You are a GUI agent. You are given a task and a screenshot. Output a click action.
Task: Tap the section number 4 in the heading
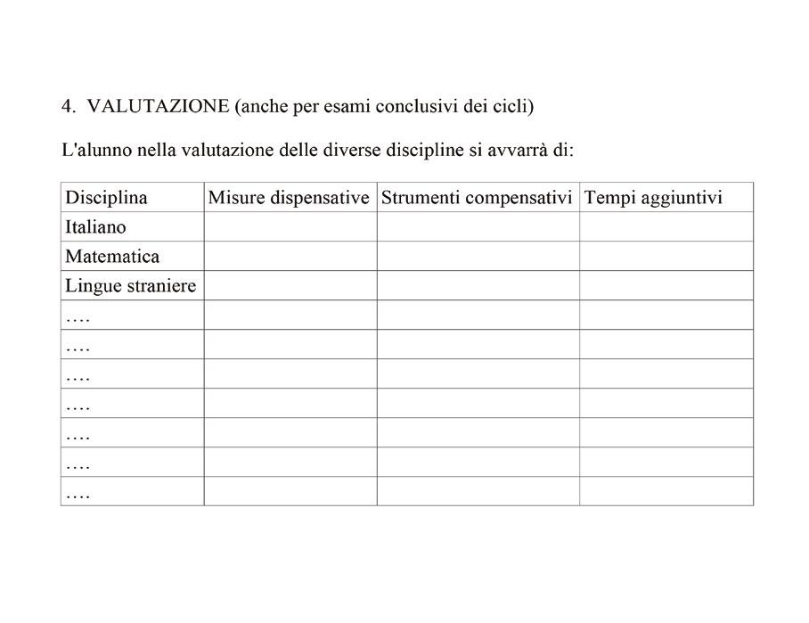(x=66, y=106)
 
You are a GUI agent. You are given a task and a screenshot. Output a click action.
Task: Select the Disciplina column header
(x=106, y=197)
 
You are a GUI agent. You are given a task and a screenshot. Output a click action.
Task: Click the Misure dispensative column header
(x=289, y=197)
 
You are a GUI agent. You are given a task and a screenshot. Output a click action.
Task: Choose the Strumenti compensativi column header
(x=477, y=197)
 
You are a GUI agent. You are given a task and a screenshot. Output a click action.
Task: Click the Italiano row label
(x=96, y=227)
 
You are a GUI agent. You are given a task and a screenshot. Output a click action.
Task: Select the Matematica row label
(x=112, y=257)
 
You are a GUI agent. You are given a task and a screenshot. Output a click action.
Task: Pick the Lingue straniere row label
(x=130, y=286)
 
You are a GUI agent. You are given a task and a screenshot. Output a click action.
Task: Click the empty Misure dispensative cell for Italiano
(x=290, y=227)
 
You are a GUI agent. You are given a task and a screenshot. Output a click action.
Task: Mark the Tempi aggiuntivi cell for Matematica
(x=666, y=257)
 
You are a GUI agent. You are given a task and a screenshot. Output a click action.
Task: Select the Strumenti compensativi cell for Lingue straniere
(x=478, y=286)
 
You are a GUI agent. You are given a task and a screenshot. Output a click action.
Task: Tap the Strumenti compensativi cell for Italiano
(x=478, y=227)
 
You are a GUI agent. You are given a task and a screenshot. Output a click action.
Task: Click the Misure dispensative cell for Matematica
(x=290, y=257)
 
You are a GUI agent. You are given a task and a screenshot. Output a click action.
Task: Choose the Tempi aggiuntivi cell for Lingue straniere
(x=666, y=286)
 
